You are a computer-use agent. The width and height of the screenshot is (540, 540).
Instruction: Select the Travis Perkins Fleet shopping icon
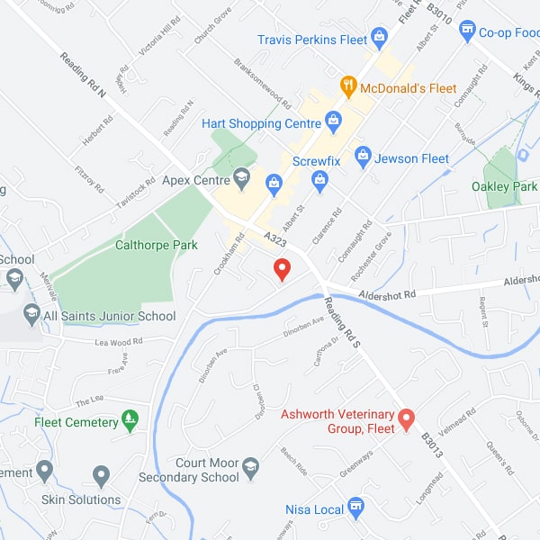[x=379, y=38]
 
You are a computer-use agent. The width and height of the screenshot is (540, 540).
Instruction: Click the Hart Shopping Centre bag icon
[x=334, y=120]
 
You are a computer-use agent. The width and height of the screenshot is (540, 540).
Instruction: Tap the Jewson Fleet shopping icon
[x=363, y=157]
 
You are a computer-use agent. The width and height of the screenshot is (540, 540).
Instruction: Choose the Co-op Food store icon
[x=467, y=32]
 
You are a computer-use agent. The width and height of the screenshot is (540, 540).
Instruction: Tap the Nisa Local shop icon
[x=355, y=508]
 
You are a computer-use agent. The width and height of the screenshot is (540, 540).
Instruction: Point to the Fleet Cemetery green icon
[x=130, y=420]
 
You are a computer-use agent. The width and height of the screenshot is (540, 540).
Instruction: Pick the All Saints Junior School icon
[x=31, y=314]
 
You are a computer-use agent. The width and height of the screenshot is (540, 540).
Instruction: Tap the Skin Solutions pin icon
[x=101, y=475]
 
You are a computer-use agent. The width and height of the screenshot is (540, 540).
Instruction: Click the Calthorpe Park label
[x=157, y=244]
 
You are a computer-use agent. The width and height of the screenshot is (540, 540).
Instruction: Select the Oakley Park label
[x=504, y=186]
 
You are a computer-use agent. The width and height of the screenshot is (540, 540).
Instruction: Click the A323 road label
[x=275, y=237]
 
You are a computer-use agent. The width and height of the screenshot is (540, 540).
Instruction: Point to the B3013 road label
[x=432, y=446]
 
